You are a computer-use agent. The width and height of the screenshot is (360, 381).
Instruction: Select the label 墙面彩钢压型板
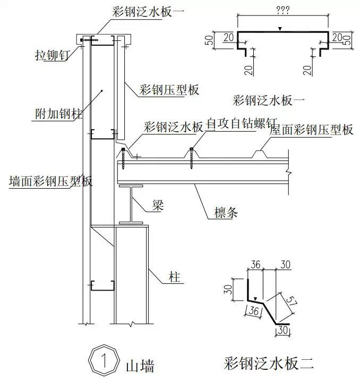coord(51,181)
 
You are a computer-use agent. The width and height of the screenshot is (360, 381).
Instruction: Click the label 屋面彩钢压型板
coord(312,129)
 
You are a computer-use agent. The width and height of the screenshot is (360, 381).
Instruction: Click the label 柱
coord(174,277)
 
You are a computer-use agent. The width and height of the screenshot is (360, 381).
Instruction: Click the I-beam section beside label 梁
coord(129,205)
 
